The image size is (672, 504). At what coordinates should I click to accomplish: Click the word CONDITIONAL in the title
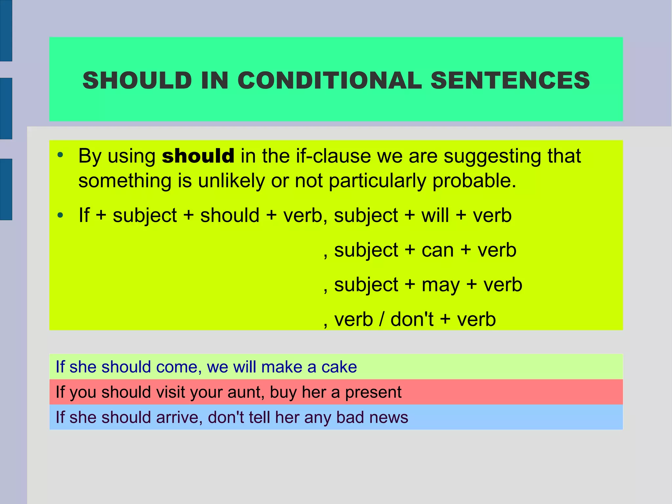point(329,80)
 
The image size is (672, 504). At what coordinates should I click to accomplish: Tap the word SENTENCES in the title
point(510,80)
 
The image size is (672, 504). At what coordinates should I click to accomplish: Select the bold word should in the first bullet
point(198,156)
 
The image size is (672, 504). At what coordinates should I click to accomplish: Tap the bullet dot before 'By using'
point(60,155)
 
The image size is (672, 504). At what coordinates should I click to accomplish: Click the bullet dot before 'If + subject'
point(60,215)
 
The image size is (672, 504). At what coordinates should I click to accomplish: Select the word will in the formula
point(435,215)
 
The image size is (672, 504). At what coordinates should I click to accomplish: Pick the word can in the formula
point(438,250)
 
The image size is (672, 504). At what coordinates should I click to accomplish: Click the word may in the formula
point(441,285)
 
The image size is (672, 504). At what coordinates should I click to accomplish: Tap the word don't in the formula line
point(412,319)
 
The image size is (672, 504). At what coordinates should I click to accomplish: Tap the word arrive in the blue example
point(177,418)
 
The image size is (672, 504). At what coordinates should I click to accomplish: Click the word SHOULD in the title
point(137,80)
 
